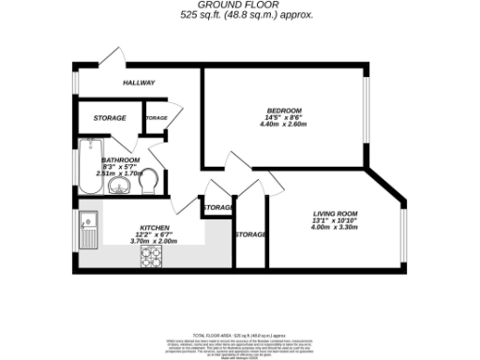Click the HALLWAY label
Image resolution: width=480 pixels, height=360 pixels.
(139, 83)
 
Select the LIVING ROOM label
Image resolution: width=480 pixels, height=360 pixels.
(335, 216)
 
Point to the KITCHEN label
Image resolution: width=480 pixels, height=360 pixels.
(154, 229)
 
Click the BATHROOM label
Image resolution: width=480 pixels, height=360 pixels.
(121, 160)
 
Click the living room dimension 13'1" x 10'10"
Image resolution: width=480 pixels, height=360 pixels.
(335, 222)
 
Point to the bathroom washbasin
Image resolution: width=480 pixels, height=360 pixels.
(119, 186)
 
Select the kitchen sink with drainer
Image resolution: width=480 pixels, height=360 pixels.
(89, 231)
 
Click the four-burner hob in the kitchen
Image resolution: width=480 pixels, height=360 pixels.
(153, 254)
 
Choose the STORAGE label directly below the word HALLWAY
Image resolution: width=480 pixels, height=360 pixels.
(110, 119)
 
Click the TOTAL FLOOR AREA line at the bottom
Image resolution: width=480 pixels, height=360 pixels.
(239, 335)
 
